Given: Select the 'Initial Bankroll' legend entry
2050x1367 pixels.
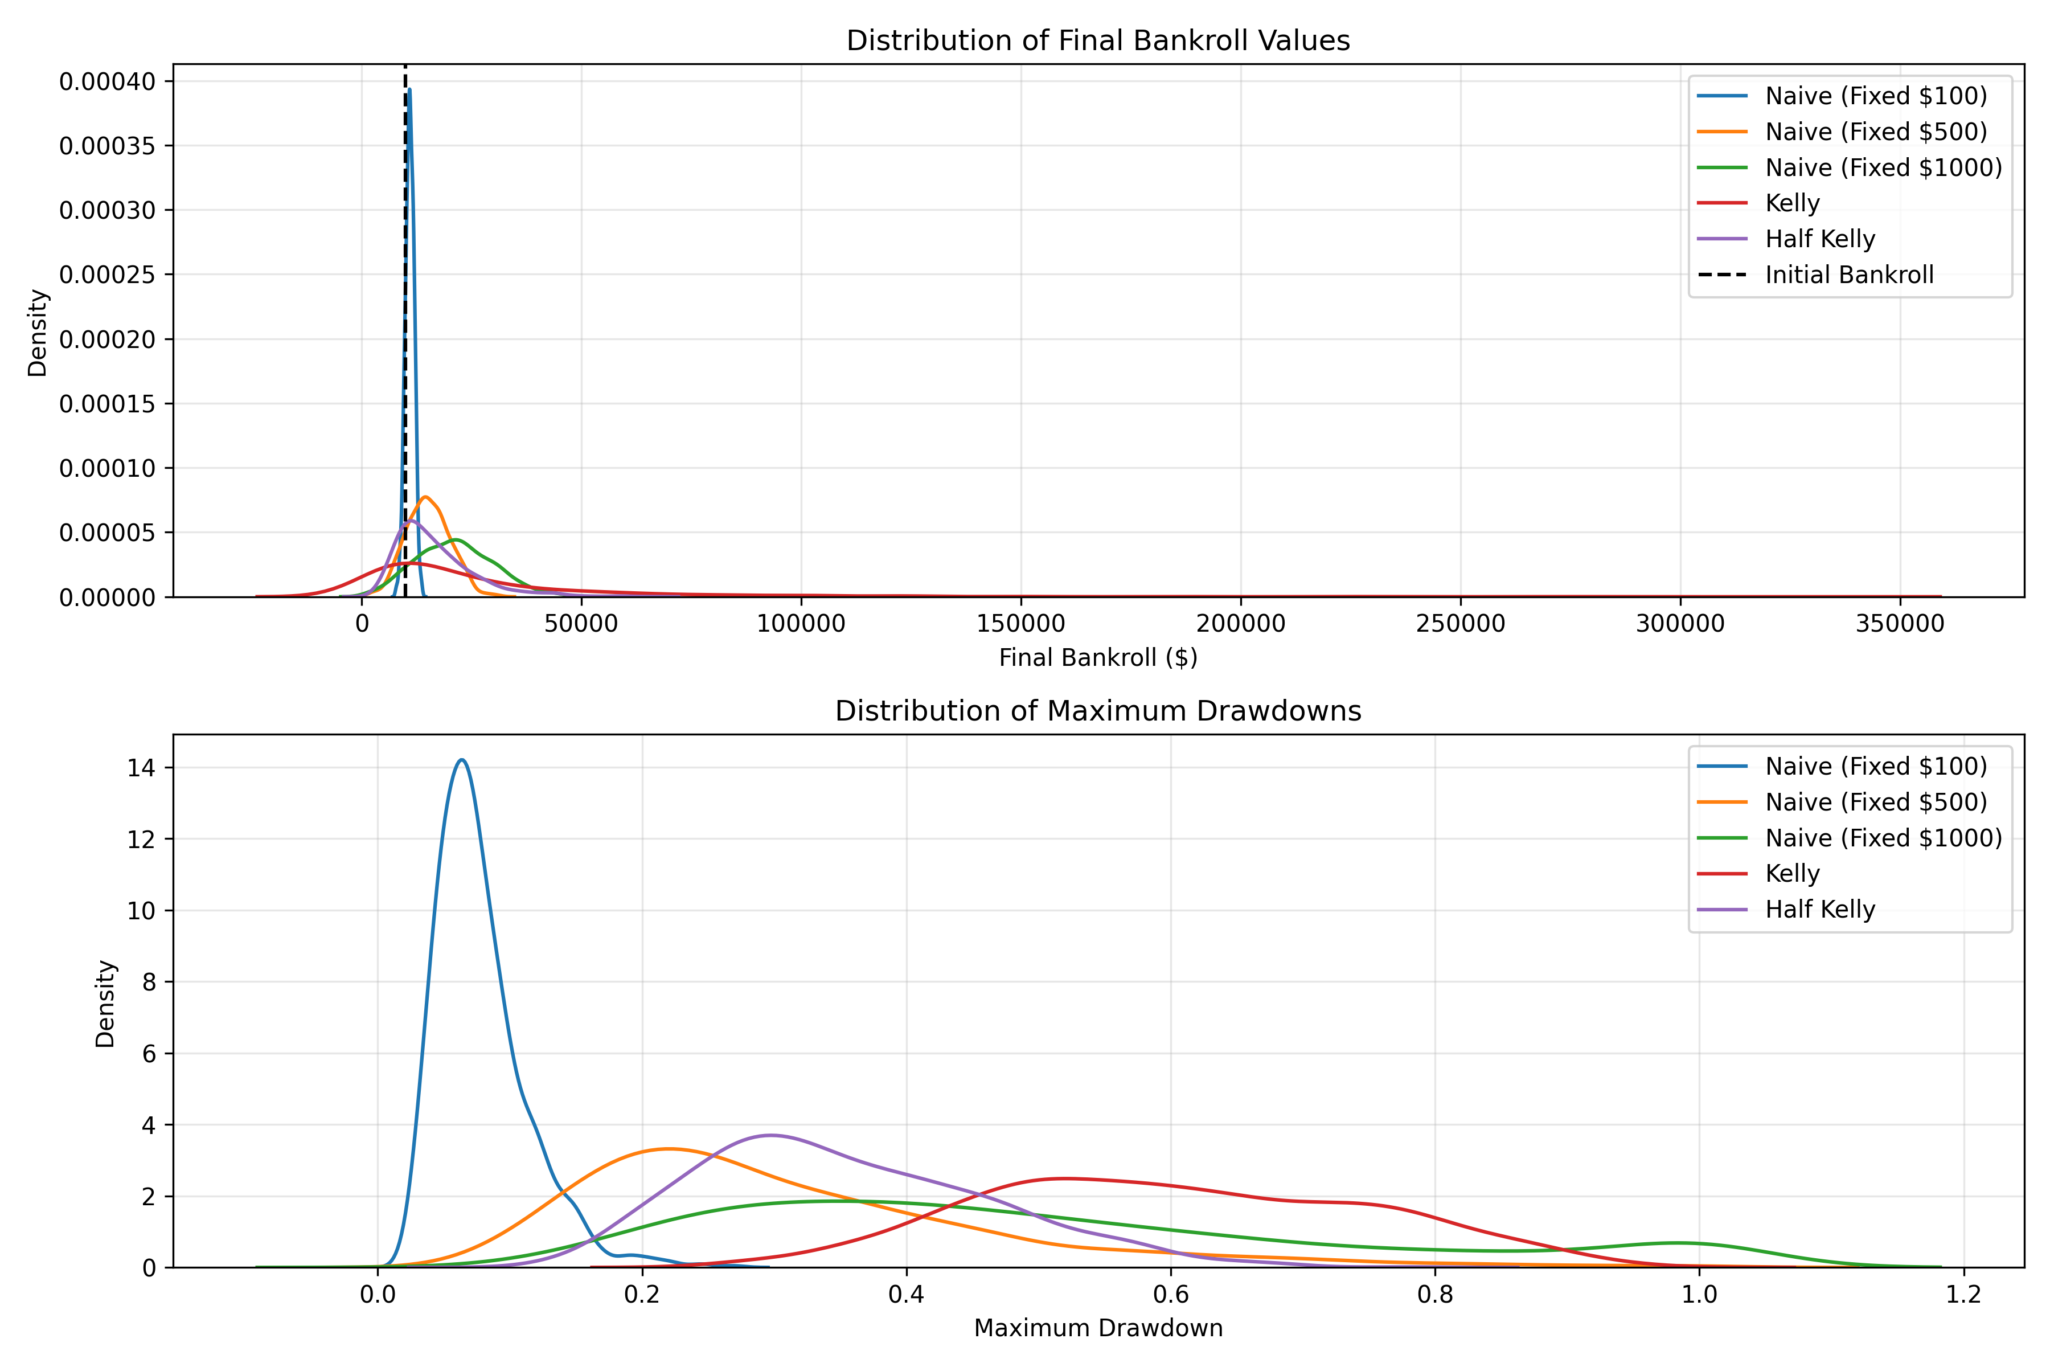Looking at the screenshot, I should point(1848,276).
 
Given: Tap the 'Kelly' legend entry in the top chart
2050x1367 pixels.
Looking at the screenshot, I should point(1792,203).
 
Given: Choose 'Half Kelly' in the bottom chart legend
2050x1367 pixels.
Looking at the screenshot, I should point(1820,909).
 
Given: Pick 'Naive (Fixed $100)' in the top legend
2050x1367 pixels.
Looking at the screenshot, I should point(1876,96).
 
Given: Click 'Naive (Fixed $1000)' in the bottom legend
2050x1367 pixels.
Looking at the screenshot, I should point(1884,838).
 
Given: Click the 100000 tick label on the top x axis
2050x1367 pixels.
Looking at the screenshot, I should point(801,624).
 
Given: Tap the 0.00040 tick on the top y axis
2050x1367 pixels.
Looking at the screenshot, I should point(107,82).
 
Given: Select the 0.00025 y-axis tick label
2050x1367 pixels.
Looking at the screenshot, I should point(107,275).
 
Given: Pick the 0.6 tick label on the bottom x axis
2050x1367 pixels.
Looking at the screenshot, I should point(1171,1294).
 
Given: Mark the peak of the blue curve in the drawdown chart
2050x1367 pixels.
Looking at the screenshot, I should point(461,760).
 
